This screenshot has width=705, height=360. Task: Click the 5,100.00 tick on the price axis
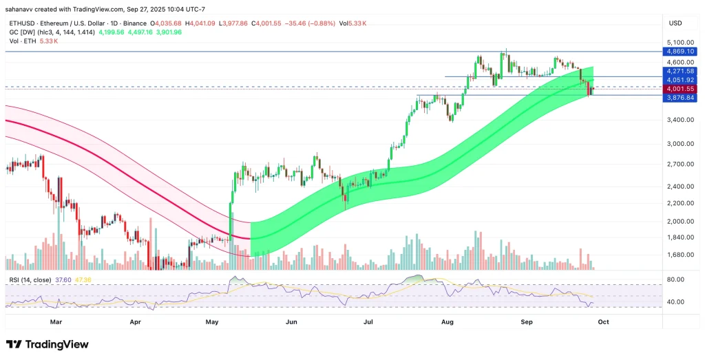pyautogui.click(x=678, y=42)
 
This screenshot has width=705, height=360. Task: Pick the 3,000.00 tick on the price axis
pyautogui.click(x=678, y=144)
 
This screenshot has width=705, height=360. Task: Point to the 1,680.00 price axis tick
pyautogui.click(x=678, y=255)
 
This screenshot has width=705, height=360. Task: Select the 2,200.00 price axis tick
pyautogui.click(x=678, y=203)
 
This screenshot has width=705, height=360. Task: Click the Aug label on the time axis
pyautogui.click(x=447, y=321)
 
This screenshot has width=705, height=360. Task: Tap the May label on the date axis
pyautogui.click(x=212, y=321)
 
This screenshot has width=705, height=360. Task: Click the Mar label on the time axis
pyautogui.click(x=56, y=321)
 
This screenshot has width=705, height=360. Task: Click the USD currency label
pyautogui.click(x=675, y=23)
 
